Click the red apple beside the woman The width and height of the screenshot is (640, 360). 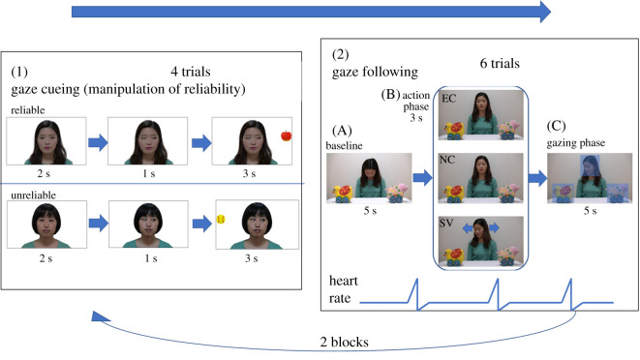[287, 136]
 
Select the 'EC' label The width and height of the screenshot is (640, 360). [448, 100]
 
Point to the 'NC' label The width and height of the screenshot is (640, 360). [448, 160]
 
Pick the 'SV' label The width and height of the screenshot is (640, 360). [448, 223]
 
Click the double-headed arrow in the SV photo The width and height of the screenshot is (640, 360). [480, 227]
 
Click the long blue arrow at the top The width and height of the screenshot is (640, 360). [311, 12]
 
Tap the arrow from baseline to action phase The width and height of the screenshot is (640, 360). [423, 179]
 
